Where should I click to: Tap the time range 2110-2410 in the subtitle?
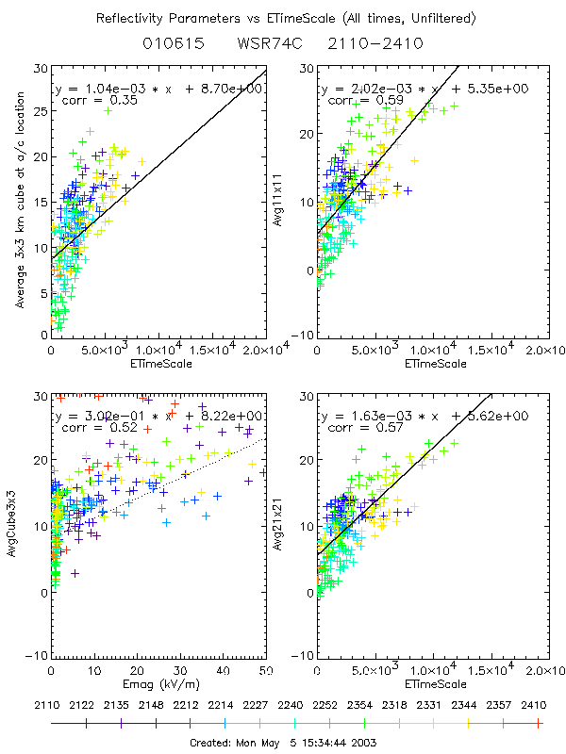pyautogui.click(x=363, y=43)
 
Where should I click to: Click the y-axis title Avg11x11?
pyautogui.click(x=303, y=202)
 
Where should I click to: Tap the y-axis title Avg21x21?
pyautogui.click(x=303, y=529)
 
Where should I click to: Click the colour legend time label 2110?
pyautogui.click(x=52, y=703)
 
